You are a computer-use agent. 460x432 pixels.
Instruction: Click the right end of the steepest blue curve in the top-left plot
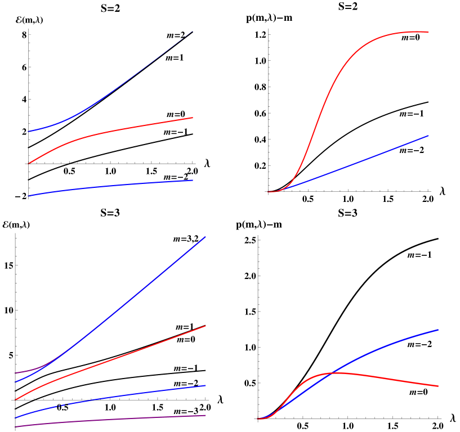point(193,31)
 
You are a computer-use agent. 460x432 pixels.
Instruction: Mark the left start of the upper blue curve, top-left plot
point(29,132)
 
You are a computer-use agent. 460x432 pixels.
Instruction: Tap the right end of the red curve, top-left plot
point(193,118)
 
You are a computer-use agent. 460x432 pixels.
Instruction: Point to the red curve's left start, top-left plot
point(29,163)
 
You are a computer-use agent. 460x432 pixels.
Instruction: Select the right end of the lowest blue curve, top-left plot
point(193,181)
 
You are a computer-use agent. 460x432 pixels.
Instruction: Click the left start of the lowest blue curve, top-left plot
point(29,196)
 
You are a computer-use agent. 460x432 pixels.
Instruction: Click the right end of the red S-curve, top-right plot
point(428,32)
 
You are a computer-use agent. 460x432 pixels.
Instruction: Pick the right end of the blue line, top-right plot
point(428,136)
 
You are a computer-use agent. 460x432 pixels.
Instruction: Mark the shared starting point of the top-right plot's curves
point(269,192)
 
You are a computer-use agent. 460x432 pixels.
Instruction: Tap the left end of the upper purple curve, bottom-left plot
point(15,372)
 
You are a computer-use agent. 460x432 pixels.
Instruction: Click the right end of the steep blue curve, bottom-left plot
point(206,237)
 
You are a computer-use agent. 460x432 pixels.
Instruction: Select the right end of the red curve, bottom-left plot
point(206,326)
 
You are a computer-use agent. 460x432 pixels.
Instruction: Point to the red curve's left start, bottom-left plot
point(15,400)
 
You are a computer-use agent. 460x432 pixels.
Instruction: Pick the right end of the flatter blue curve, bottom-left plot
point(206,386)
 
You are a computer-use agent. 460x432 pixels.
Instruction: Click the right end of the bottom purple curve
point(206,416)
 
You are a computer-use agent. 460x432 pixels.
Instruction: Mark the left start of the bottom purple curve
point(15,426)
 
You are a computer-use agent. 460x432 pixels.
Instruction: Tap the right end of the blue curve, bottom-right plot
point(438,330)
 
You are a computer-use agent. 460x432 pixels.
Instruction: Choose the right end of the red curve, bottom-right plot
point(438,386)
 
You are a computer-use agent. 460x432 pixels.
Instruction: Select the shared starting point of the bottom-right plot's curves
point(258,418)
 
